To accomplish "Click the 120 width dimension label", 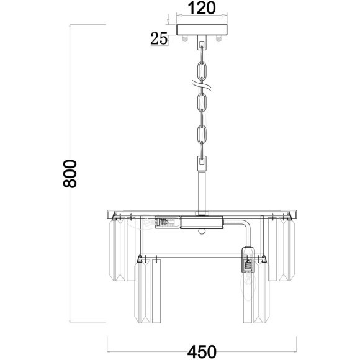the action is click(202, 8).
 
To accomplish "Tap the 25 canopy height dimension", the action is click(159, 38).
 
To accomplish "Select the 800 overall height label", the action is click(70, 174).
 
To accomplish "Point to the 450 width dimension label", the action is click(202, 351).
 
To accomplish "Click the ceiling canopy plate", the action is click(202, 30).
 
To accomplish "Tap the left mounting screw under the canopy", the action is click(185, 38).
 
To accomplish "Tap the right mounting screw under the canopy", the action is click(219, 38).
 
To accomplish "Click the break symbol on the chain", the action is click(202, 86).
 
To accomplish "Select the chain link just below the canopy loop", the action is click(202, 70).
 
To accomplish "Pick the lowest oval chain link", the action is click(202, 134).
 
